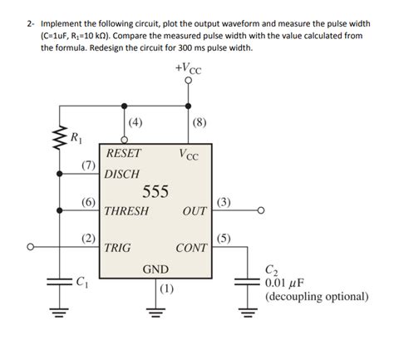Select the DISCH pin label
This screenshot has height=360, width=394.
pyautogui.click(x=122, y=175)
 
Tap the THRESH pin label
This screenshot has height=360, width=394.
pyautogui.click(x=127, y=211)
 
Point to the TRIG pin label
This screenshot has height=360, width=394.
pyautogui.click(x=120, y=248)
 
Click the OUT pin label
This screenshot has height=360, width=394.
pyautogui.click(x=195, y=211)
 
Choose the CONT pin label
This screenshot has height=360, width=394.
pyautogui.click(x=191, y=248)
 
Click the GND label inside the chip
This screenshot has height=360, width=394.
pyautogui.click(x=156, y=269)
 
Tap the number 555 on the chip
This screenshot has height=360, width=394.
pyautogui.click(x=155, y=192)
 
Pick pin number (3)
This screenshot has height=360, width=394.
pyautogui.click(x=224, y=201)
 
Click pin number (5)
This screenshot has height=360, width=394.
pyautogui.click(x=224, y=238)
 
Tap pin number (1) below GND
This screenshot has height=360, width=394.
pyautogui.click(x=166, y=289)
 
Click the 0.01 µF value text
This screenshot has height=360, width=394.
pyautogui.click(x=287, y=282)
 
